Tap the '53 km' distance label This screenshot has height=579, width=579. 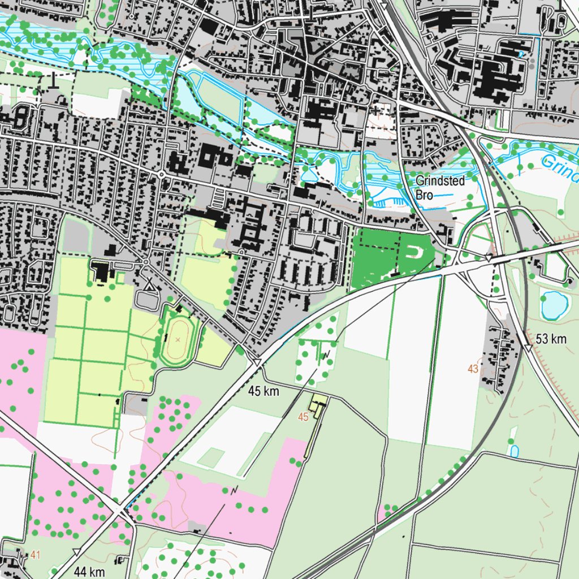coord(551,339)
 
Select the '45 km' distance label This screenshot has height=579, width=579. coord(263,391)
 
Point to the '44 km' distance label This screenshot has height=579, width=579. coord(89,572)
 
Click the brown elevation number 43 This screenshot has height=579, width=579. coord(473,369)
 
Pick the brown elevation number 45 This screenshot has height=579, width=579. coord(303,417)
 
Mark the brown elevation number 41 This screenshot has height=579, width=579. coord(36,556)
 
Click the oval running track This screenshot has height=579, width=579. coord(178,340)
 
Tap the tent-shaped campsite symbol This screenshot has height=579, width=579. coord(149,286)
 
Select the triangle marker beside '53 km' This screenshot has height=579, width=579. coord(528,348)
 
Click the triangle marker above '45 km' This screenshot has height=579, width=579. coord(257,361)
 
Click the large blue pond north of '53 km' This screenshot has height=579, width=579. coord(554,304)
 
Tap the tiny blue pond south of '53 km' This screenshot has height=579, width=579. coord(514,451)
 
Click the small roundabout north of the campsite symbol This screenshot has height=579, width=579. coord(146,262)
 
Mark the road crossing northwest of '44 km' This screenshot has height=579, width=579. coord(120,509)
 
